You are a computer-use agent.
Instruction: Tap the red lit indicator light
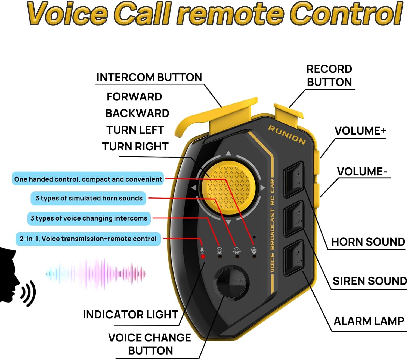(x=203, y=257)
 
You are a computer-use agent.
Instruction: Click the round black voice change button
(x=233, y=282)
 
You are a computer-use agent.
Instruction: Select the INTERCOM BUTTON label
(x=149, y=77)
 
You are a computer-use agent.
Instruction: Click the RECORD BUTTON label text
(x=329, y=75)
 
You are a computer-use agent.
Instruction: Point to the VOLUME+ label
(x=360, y=131)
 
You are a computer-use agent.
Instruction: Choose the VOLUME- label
(x=362, y=172)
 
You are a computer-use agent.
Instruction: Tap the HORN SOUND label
(x=368, y=242)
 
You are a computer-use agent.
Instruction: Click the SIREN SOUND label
(x=369, y=281)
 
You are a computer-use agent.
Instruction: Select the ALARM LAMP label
(x=369, y=321)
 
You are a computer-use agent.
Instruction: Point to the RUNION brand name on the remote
(x=287, y=135)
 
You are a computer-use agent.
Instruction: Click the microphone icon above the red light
(x=202, y=250)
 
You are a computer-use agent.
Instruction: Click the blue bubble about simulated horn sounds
(x=89, y=198)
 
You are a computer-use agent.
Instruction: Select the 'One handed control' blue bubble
(x=88, y=179)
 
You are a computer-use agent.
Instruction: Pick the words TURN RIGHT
(x=135, y=147)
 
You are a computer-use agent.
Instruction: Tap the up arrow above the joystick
(x=228, y=153)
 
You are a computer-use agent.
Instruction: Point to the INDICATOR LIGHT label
(x=130, y=315)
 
